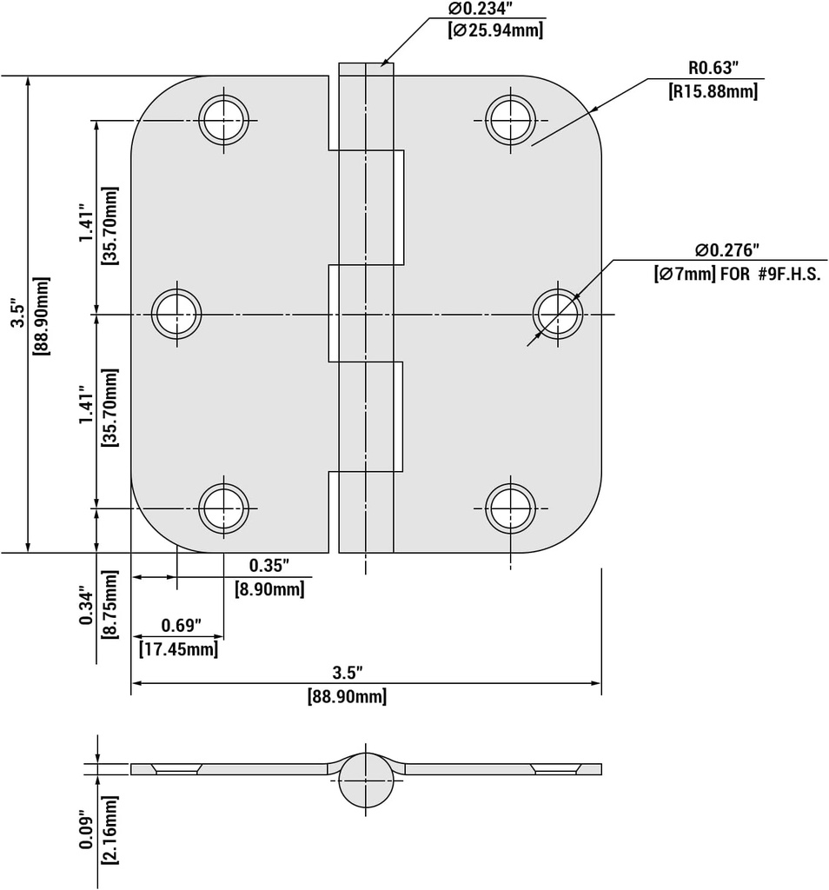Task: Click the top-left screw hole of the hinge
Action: [223, 119]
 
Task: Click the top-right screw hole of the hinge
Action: [510, 119]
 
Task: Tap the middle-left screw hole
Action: [176, 313]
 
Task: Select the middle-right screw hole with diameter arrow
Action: [558, 313]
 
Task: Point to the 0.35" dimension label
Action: [269, 566]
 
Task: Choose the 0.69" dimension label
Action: [181, 626]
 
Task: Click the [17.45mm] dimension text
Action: [178, 648]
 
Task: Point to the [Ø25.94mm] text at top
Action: [495, 30]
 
